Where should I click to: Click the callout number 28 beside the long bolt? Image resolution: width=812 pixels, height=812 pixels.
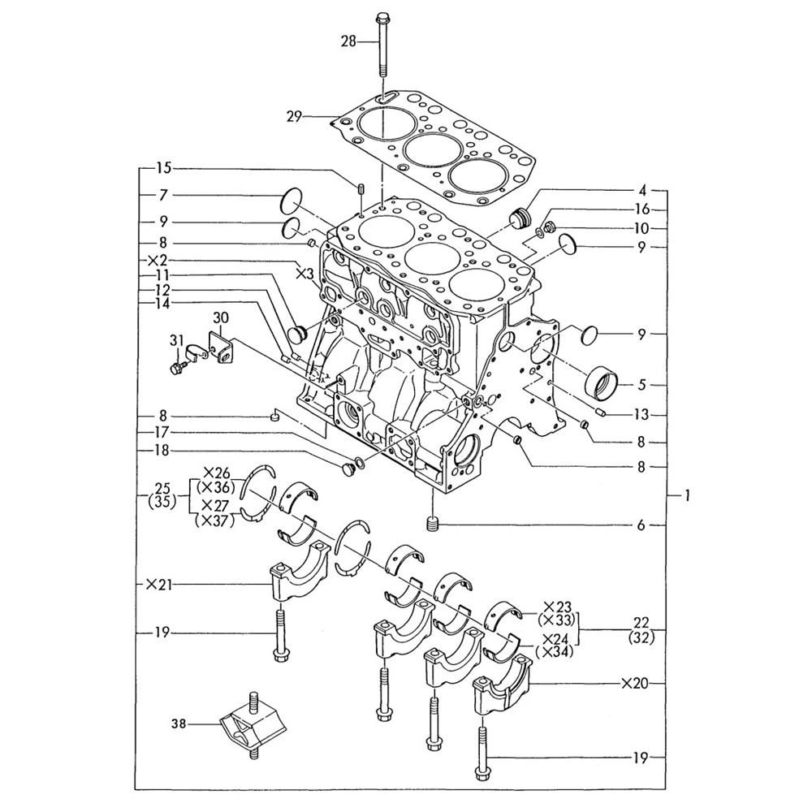click(x=348, y=41)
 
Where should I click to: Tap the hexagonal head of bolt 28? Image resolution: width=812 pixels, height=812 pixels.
click(x=383, y=17)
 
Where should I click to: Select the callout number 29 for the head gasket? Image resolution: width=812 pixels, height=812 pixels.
click(x=294, y=117)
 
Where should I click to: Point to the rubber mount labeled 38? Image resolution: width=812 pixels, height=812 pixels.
click(x=253, y=724)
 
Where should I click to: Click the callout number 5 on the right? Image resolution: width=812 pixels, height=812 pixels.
click(x=641, y=385)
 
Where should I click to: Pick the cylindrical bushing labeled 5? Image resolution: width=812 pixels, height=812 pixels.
click(x=603, y=382)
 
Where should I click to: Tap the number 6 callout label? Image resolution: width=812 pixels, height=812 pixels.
click(x=641, y=525)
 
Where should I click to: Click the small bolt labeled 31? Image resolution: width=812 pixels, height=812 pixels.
click(x=177, y=368)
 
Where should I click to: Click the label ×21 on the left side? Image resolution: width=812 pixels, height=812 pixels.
click(x=159, y=585)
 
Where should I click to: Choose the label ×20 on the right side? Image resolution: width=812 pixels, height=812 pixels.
click(x=635, y=684)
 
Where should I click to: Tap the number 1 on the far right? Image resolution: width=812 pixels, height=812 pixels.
click(x=687, y=496)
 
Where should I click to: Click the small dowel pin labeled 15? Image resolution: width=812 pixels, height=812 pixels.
click(x=359, y=188)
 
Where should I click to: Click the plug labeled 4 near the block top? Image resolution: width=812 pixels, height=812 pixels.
click(x=521, y=217)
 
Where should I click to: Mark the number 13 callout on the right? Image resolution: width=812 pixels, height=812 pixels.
click(x=641, y=415)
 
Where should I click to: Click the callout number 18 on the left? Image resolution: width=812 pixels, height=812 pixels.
click(x=162, y=451)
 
